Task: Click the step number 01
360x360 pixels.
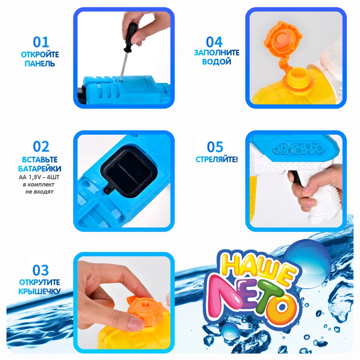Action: [41, 42]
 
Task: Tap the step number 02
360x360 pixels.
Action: [41, 147]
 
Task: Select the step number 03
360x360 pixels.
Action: [41, 270]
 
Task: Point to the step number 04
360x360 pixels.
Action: [214, 42]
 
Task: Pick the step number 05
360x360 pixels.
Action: [215, 147]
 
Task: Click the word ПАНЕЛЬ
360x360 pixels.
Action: [40, 64]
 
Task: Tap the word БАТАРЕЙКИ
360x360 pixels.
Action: [40, 168]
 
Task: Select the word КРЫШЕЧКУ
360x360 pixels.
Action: [39, 291]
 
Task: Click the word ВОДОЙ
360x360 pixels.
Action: [217, 62]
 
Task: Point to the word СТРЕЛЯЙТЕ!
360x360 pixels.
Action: [217, 159]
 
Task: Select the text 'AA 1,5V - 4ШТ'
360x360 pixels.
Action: [39, 177]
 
